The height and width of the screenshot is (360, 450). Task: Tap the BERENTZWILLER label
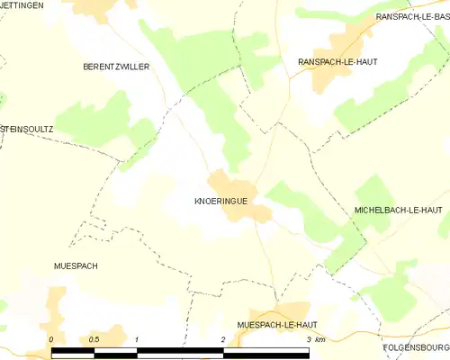click(115, 67)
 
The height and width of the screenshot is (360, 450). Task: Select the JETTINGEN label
click(22, 5)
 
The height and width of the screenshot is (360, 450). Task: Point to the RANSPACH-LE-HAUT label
click(337, 61)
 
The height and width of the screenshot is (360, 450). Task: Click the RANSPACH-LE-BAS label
click(412, 17)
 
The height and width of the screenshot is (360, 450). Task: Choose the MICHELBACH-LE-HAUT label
click(393, 209)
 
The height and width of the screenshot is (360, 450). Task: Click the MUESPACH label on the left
click(76, 266)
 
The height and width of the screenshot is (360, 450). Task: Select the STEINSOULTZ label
click(27, 129)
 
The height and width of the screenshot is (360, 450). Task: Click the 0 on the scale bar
click(52, 338)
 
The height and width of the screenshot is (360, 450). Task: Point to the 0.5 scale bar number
click(94, 338)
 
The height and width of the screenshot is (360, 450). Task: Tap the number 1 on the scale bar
click(137, 338)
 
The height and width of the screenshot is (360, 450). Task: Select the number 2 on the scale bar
click(222, 338)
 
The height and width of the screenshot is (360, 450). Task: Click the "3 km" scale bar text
click(314, 338)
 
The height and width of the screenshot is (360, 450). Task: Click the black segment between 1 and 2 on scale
click(180, 351)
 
